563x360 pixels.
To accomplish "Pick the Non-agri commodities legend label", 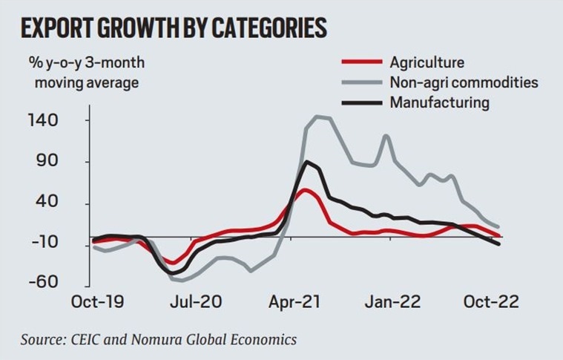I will tap(464, 82).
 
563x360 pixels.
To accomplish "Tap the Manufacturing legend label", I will tap(439, 102).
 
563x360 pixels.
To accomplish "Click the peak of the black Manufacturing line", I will tap(306, 161).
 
